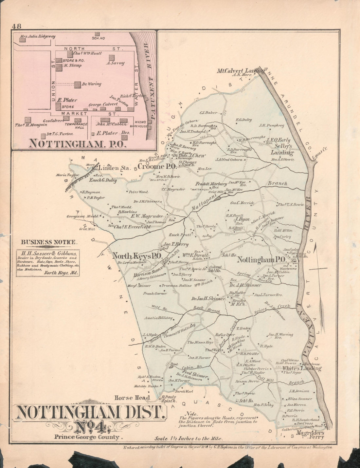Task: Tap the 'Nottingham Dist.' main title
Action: [89, 413]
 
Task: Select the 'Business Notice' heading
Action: [49, 242]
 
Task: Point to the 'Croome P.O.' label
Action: [157, 166]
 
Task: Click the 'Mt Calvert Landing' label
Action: [241, 70]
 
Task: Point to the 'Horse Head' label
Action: [132, 398]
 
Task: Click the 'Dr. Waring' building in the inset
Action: [78, 84]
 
